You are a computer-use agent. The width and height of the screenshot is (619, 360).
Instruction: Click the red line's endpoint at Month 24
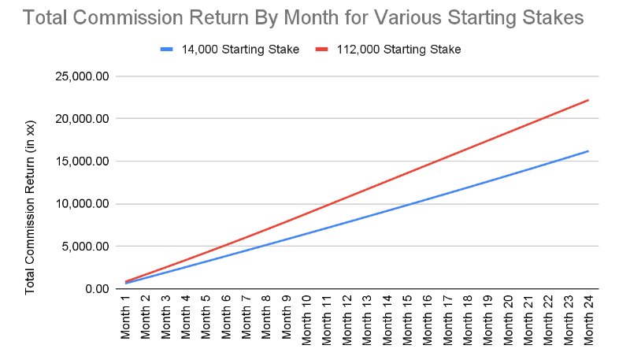coord(588,100)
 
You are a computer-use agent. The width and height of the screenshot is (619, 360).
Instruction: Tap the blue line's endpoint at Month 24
coord(588,151)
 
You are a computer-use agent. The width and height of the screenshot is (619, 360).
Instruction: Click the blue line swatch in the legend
coord(166,49)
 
